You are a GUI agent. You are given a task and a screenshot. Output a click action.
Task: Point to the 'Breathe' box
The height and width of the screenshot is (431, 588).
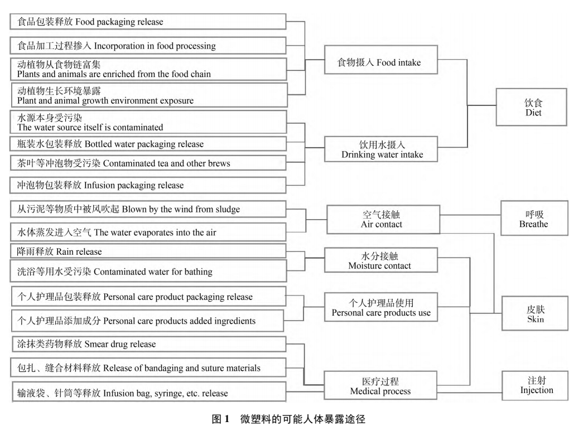pos(534,219)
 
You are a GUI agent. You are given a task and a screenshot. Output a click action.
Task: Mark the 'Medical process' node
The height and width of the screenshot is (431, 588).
pos(380,385)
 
